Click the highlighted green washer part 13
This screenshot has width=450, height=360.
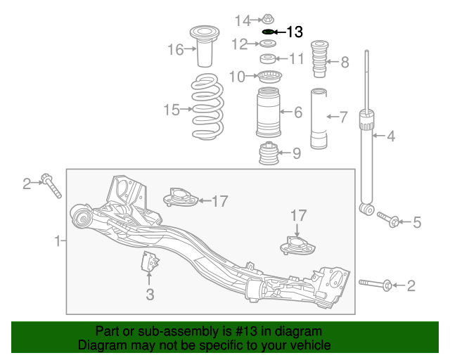pyautogui.click(x=268, y=32)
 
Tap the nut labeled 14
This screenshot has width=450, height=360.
pyautogui.click(x=268, y=18)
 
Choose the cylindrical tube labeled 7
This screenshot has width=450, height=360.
pyautogui.click(x=320, y=119)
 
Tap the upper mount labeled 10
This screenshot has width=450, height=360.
pyautogui.click(x=267, y=76)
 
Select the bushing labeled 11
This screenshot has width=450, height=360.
pyautogui.click(x=267, y=58)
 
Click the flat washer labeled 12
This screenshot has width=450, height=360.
pyautogui.click(x=267, y=45)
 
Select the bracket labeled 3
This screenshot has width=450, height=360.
pyautogui.click(x=149, y=262)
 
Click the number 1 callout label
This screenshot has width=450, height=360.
pyautogui.click(x=58, y=242)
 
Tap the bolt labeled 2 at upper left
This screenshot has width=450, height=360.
pyautogui.click(x=51, y=185)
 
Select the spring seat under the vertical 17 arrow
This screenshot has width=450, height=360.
pyautogui.click(x=297, y=247)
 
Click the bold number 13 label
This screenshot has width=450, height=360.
pyautogui.click(x=295, y=32)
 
